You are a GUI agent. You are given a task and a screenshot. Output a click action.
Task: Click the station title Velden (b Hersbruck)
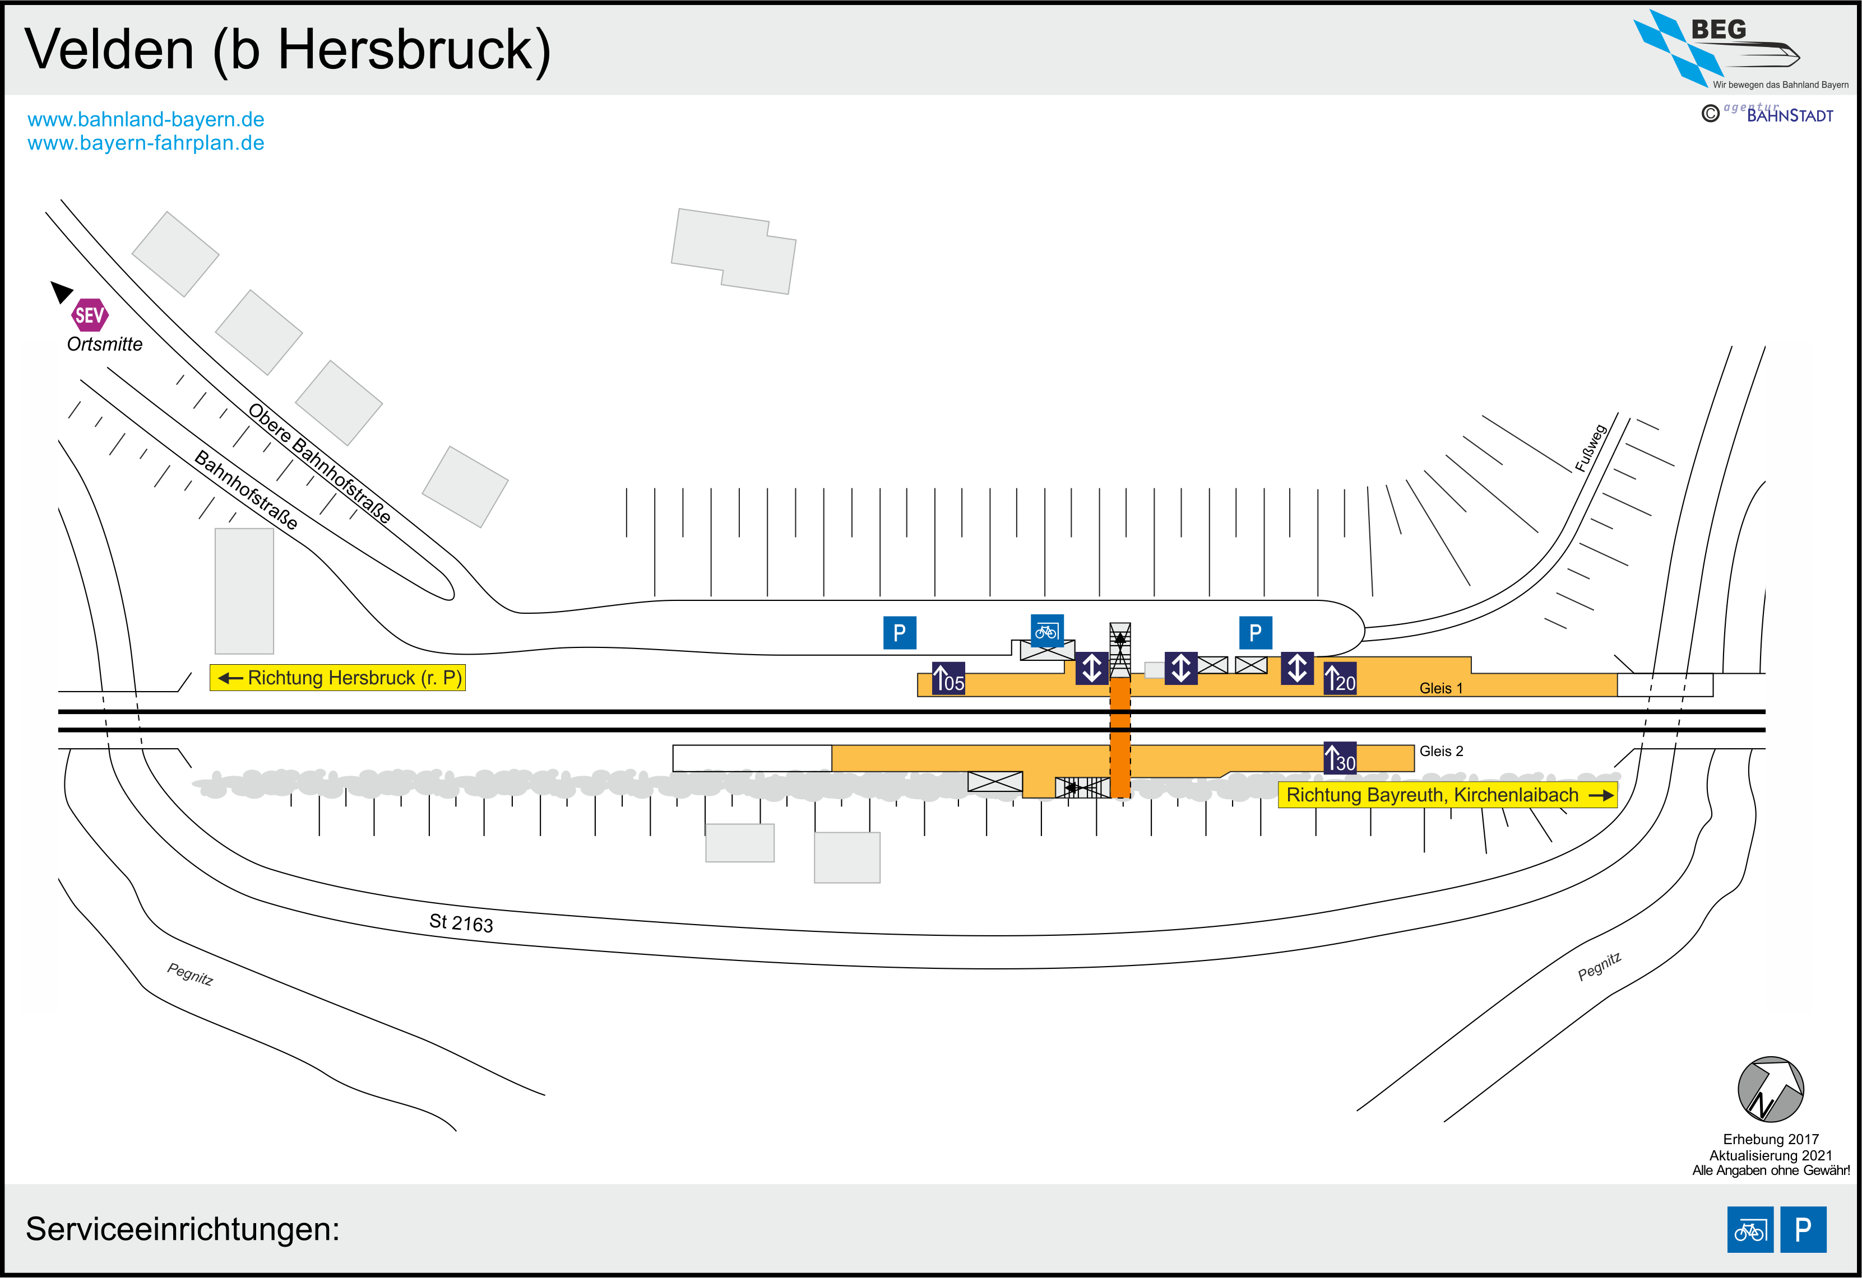click(287, 50)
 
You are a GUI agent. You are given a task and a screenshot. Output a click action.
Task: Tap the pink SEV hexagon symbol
click(89, 315)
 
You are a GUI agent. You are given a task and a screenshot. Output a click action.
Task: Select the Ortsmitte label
click(104, 344)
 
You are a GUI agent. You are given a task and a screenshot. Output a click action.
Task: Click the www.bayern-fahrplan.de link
click(146, 143)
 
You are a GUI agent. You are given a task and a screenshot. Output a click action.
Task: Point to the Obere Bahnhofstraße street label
click(319, 463)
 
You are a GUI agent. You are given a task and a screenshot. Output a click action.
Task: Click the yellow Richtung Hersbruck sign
click(337, 678)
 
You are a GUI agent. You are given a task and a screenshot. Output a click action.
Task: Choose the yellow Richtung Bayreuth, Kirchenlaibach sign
click(1447, 795)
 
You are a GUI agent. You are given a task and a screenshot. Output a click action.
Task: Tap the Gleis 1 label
click(1440, 688)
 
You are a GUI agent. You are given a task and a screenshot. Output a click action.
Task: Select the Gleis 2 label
click(1440, 751)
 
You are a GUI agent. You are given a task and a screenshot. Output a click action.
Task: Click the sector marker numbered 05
click(948, 678)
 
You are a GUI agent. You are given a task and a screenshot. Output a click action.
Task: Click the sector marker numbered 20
click(1340, 678)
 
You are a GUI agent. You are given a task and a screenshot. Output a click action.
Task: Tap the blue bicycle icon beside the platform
click(1046, 631)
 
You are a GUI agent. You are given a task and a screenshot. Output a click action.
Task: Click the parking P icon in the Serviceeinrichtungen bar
click(1803, 1229)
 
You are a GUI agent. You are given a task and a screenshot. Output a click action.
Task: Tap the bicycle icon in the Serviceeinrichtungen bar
click(1750, 1229)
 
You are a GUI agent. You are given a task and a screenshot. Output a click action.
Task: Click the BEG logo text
click(1718, 30)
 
